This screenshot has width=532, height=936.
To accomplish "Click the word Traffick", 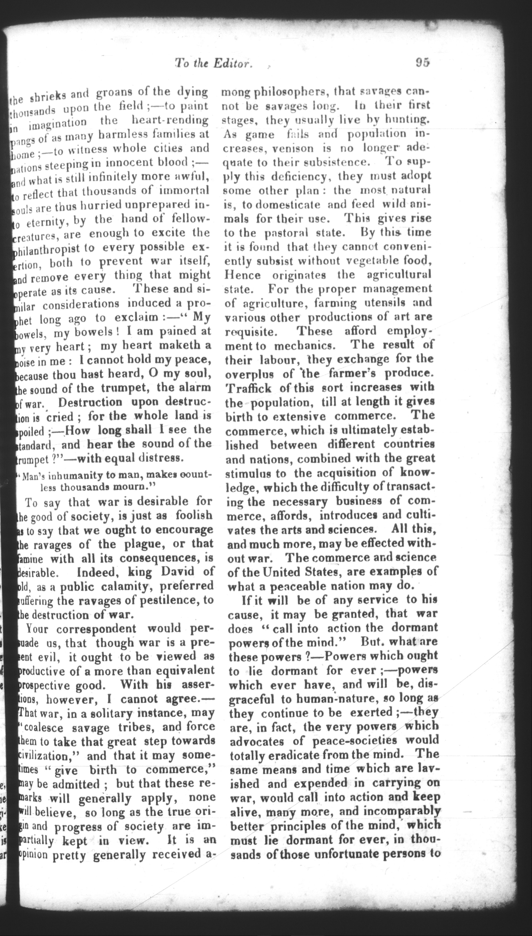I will point(248,388).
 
